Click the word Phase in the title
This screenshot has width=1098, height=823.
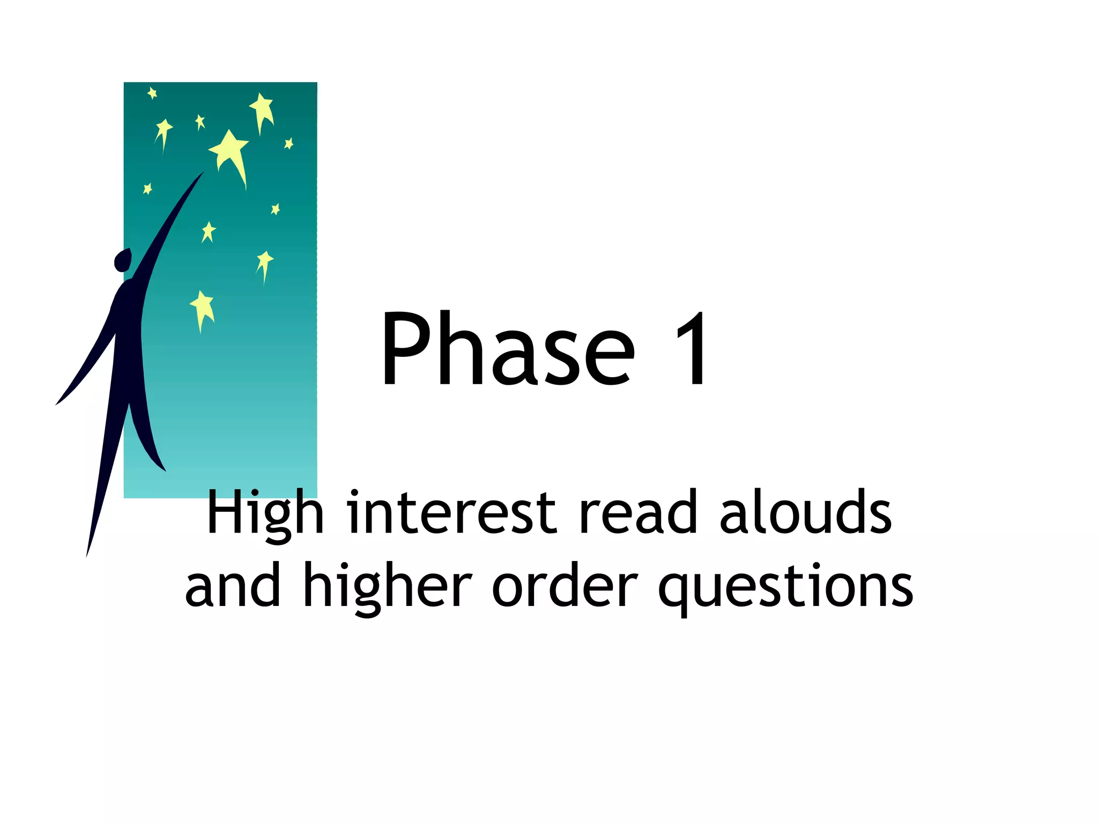click(507, 349)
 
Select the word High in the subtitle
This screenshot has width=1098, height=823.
click(265, 513)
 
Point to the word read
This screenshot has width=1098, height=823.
click(638, 513)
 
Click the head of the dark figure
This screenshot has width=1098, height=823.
click(123, 260)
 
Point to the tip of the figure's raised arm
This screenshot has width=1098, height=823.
click(202, 174)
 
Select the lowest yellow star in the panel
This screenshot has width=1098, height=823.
click(202, 309)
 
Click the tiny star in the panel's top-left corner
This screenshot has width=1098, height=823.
click(152, 93)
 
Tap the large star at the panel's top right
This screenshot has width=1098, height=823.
click(262, 109)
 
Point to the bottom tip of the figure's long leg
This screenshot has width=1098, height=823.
click(87, 555)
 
